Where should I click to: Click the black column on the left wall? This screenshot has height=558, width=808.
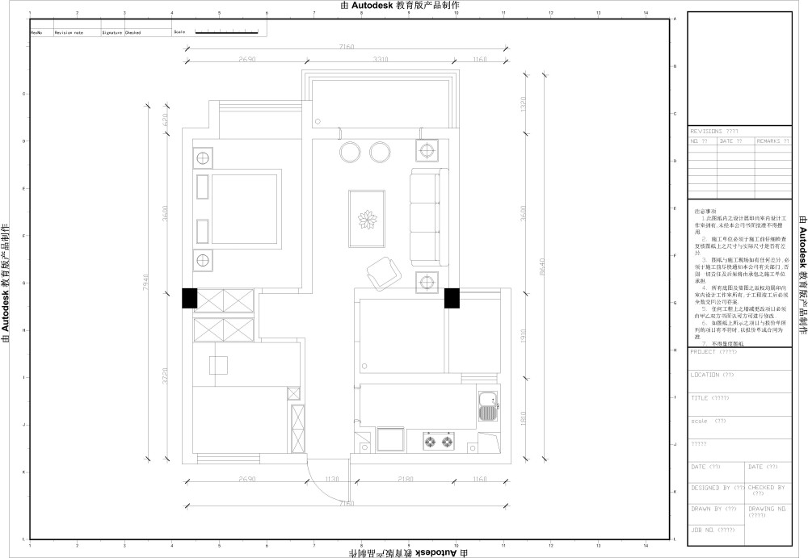(x=188, y=298)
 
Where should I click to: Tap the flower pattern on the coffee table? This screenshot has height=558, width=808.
(x=367, y=219)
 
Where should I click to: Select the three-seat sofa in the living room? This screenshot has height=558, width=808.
(x=427, y=216)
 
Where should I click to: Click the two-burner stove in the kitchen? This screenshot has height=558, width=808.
(x=437, y=441)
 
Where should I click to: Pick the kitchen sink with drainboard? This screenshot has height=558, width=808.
(x=487, y=406)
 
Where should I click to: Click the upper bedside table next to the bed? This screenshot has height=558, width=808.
(x=202, y=157)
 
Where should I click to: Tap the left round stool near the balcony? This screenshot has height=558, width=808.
(x=350, y=151)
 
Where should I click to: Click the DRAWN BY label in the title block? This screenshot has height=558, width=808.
(x=713, y=509)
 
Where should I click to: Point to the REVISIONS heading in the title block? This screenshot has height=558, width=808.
(x=714, y=131)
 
